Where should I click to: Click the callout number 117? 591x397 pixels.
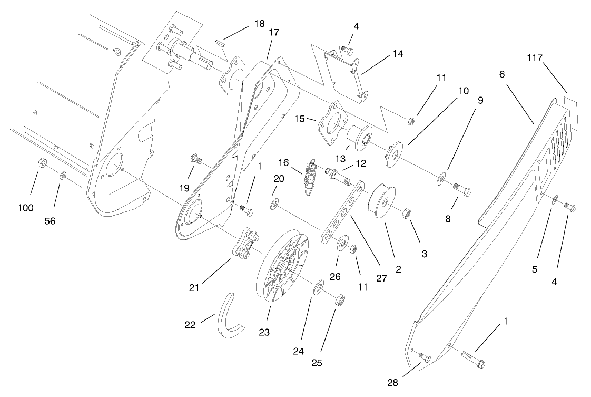click(x=534, y=59)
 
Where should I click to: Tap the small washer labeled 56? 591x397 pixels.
click(x=63, y=175)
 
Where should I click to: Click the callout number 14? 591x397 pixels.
click(x=397, y=54)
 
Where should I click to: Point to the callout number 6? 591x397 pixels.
click(x=501, y=74)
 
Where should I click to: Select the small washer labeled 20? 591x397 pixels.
click(x=274, y=203)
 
